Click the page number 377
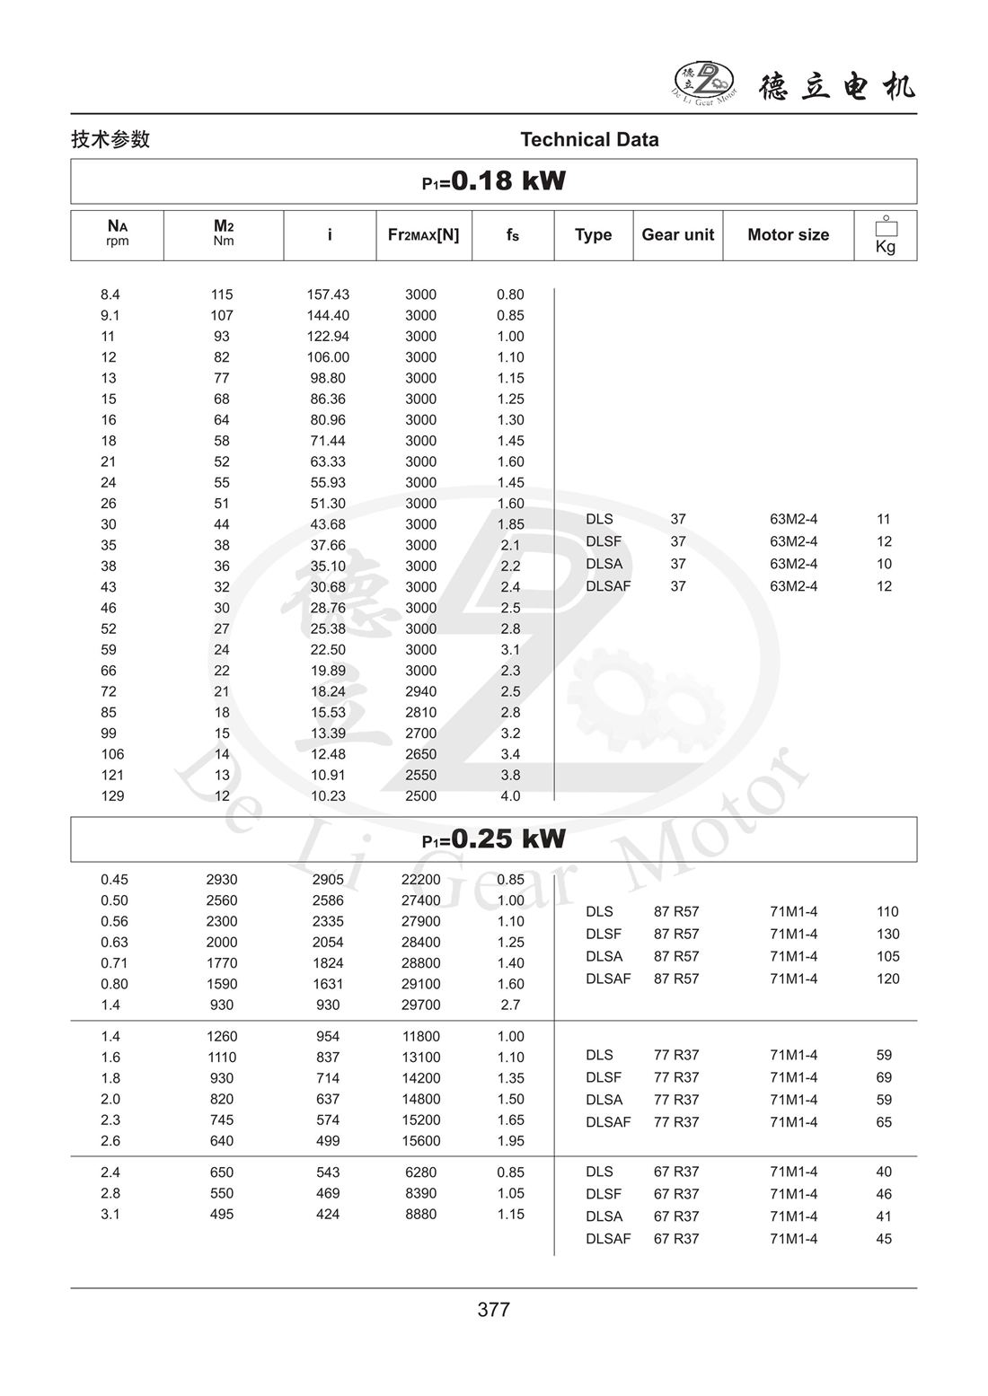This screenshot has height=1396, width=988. pyautogui.click(x=493, y=1310)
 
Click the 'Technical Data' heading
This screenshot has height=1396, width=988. pyautogui.click(x=589, y=139)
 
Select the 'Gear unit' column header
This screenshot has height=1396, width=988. pyautogui.click(x=677, y=234)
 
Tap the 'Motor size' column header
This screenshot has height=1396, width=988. pyautogui.click(x=788, y=234)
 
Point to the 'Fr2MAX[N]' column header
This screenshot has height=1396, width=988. pyautogui.click(x=423, y=234)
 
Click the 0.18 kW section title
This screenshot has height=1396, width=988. pyautogui.click(x=494, y=181)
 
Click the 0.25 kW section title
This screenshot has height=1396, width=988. pyautogui.click(x=494, y=839)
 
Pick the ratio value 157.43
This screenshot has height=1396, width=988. pyautogui.click(x=328, y=294)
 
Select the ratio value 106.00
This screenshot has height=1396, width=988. pyautogui.click(x=328, y=357)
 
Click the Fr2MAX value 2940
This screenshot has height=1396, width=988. pyautogui.click(x=420, y=691)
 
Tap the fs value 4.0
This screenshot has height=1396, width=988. pyautogui.click(x=510, y=796)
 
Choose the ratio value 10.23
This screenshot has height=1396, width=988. pyautogui.click(x=328, y=796)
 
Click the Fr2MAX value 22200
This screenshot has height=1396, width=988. pyautogui.click(x=420, y=880)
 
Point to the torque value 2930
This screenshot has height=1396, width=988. pyautogui.click(x=222, y=880)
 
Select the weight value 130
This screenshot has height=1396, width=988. pyautogui.click(x=887, y=934)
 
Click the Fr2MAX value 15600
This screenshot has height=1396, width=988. pyautogui.click(x=420, y=1141)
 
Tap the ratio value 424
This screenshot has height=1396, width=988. pyautogui.click(x=328, y=1214)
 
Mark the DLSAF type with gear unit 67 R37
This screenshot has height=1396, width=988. pyautogui.click(x=608, y=1239)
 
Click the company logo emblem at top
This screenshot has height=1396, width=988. pyautogui.click(x=704, y=82)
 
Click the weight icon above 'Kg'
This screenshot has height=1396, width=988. pyautogui.click(x=886, y=226)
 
